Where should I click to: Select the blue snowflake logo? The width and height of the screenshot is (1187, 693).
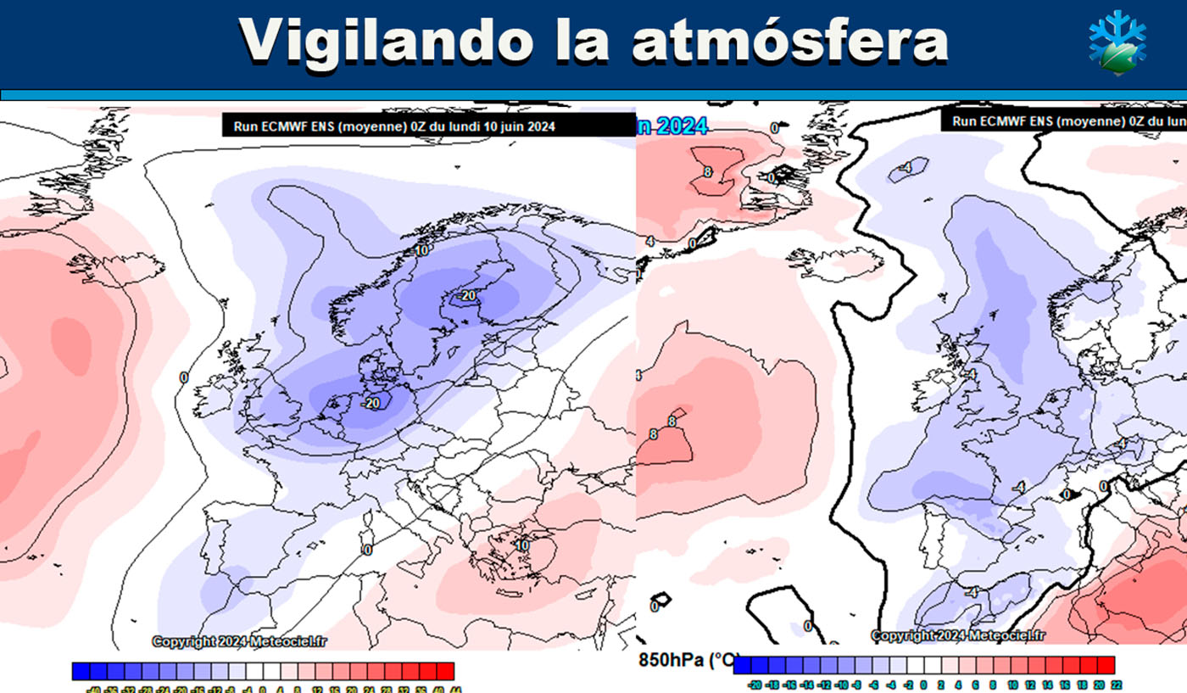(x=1117, y=42)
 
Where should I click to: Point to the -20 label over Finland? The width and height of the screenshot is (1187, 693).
(x=466, y=295)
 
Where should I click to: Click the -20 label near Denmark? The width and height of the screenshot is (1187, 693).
(x=370, y=403)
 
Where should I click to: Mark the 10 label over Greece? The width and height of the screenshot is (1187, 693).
(x=522, y=545)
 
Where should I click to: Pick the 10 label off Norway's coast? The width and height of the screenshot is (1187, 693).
(x=421, y=251)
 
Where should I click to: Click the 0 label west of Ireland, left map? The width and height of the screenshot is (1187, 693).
(x=184, y=377)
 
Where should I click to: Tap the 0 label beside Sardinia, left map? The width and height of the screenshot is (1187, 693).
(x=367, y=550)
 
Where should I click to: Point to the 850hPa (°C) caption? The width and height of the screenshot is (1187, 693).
(x=688, y=659)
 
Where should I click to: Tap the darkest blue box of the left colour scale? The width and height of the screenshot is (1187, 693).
(x=81, y=670)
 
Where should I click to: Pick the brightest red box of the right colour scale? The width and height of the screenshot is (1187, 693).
(x=1106, y=665)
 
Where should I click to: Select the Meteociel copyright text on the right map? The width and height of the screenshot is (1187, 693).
(x=958, y=635)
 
